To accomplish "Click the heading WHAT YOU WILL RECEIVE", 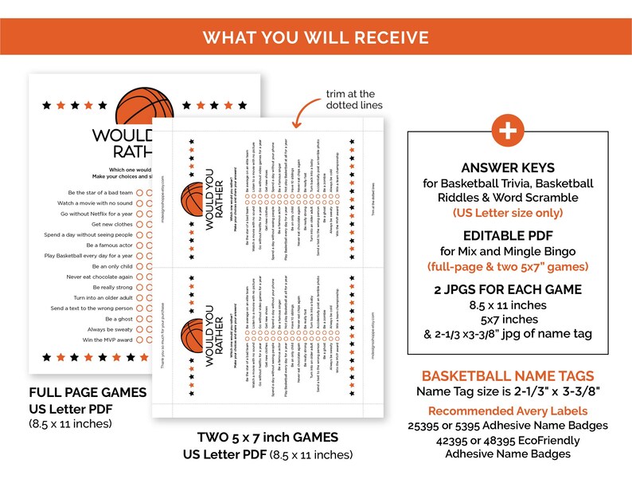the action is (316, 37).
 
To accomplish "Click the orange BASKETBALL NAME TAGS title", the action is (507, 375).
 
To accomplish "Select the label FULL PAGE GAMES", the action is (88, 392).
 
